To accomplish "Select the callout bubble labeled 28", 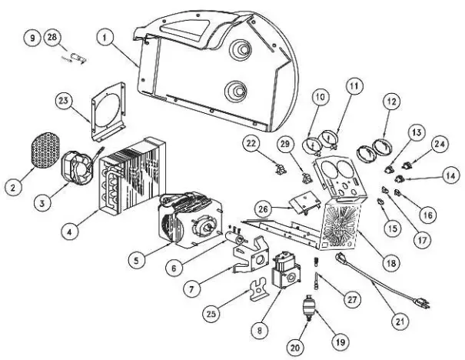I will pyautogui.click(x=52, y=38).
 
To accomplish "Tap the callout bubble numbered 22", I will pyautogui.click(x=251, y=144).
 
